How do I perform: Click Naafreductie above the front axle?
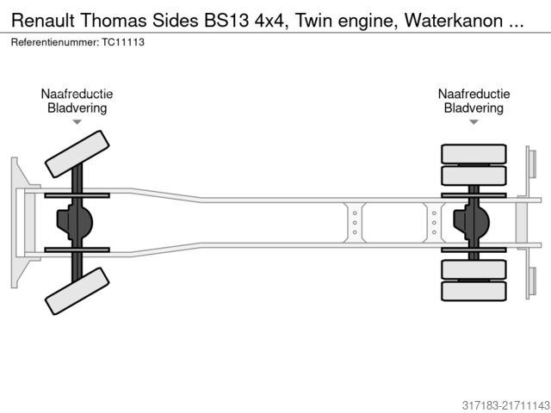click(77, 95)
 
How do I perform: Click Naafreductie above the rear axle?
click(474, 95)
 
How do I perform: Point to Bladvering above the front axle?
click(77, 108)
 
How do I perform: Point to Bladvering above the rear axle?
click(474, 108)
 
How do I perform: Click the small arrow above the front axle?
click(77, 122)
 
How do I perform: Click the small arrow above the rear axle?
click(474, 122)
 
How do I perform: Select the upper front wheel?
click(77, 154)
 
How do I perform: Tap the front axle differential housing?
click(72, 223)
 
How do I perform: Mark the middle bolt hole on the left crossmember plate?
click(353, 223)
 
